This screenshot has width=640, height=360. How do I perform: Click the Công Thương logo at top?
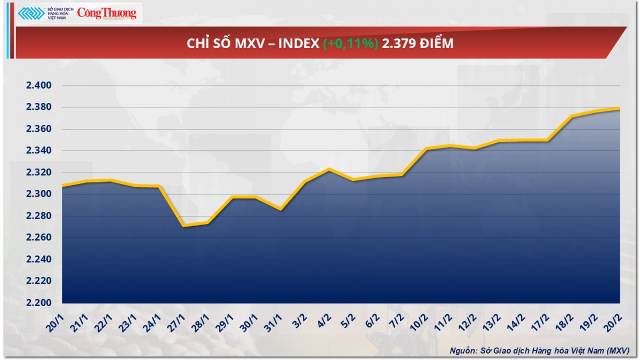pos(107,14)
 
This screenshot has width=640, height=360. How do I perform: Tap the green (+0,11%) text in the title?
pos(351,44)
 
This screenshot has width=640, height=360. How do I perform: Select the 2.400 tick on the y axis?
pos(38,85)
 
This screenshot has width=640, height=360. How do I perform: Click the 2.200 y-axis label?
pos(38,303)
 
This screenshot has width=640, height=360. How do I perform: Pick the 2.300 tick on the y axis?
pos(38,194)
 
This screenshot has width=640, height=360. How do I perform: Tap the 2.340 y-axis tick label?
pos(38,151)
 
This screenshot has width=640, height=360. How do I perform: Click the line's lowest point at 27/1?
pos(183,226)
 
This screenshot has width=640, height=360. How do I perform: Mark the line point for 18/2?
pos(572,116)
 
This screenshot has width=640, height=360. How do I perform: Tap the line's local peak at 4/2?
pos(329,170)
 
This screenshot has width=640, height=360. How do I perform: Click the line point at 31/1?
pos(281,209)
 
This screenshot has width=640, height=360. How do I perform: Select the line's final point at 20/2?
pos(619,109)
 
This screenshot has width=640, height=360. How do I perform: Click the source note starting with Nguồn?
pos(539,350)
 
